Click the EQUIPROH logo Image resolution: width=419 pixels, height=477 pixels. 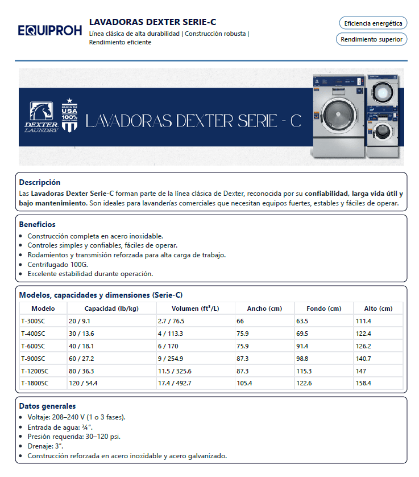(50, 30)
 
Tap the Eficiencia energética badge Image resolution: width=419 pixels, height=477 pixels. (373, 23)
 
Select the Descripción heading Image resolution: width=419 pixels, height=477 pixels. (40, 183)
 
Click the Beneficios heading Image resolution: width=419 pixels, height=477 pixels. (38, 225)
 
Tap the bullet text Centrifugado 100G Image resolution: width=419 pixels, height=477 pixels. (58, 265)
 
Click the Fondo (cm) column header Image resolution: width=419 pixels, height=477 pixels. (323, 309)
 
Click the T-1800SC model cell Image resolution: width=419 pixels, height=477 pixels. (35, 383)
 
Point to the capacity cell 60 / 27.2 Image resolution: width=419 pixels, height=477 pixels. (81, 359)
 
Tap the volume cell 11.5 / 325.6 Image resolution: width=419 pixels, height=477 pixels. (175, 371)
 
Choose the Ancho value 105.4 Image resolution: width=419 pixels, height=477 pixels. (244, 383)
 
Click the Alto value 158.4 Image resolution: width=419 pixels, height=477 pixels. (363, 383)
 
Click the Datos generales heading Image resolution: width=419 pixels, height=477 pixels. (47, 406)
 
